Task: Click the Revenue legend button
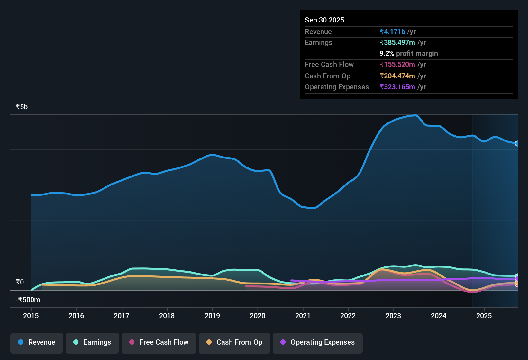pos(37,342)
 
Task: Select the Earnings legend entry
pos(92,342)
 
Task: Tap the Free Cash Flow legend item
pos(159,342)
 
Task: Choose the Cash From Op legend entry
pos(234,342)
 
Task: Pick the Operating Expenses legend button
pos(318,342)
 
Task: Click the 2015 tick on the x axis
pos(31,316)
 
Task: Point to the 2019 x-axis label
pos(212,316)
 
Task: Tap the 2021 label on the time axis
pos(303,316)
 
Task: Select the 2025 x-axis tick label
pos(484,316)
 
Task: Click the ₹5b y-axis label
pos(22,107)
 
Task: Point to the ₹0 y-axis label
pos(20,282)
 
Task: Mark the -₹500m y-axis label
pos(28,300)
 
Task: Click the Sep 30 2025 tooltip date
pos(324,20)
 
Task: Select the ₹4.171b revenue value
pos(392,32)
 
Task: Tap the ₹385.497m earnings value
pos(397,42)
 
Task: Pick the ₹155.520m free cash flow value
pos(397,64)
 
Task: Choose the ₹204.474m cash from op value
pos(397,76)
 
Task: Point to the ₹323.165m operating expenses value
pos(397,87)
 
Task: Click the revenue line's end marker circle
pos(517,143)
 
